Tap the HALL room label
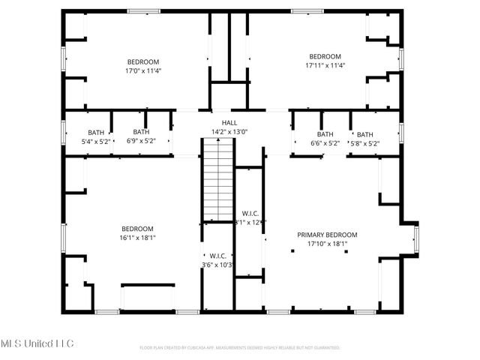coord(229,123)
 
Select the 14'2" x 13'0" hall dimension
coord(229,132)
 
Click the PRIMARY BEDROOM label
coord(327,235)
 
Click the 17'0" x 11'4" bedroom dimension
coord(143,70)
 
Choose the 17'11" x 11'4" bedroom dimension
coord(325,65)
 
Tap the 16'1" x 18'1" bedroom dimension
coord(137,238)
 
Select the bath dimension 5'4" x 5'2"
coord(95,141)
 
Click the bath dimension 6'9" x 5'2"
coord(141,141)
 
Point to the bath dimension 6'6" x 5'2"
coord(325,143)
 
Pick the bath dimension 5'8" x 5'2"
coord(364,143)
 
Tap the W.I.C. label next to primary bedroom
coord(250,213)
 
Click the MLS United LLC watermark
coord(37,343)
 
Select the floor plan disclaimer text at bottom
coord(240,348)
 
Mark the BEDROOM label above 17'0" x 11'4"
coord(142,61)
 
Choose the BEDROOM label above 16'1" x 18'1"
coord(137,229)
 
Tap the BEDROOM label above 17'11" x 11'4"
coord(325,56)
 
